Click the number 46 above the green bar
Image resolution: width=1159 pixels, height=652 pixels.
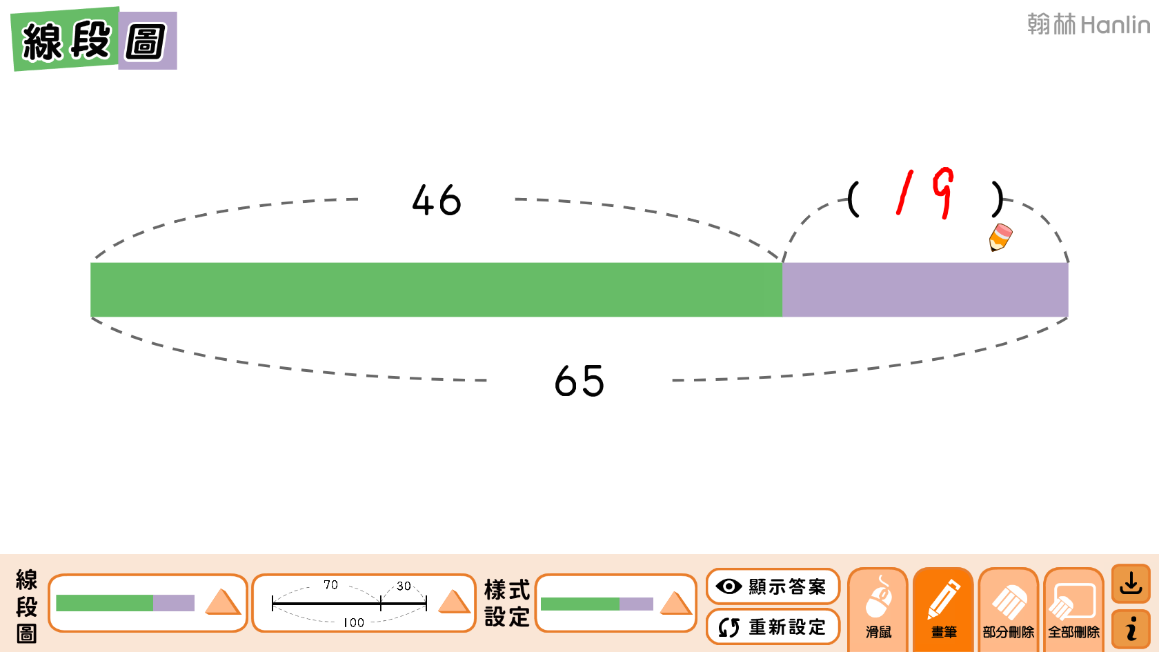pyautogui.click(x=437, y=201)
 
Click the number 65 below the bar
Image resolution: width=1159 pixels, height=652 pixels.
pyautogui.click(x=579, y=381)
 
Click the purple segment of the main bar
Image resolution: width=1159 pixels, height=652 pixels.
pyautogui.click(x=924, y=290)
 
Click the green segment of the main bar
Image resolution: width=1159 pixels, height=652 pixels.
pyautogui.click(x=436, y=290)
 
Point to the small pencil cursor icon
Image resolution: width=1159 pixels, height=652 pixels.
pyautogui.click(x=1000, y=237)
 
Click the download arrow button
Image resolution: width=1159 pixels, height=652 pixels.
pyautogui.click(x=1131, y=584)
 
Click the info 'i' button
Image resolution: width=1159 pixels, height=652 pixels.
pyautogui.click(x=1131, y=629)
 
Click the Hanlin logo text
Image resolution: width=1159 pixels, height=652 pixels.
pyautogui.click(x=1089, y=25)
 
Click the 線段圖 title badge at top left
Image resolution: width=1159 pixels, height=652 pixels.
pyautogui.click(x=94, y=40)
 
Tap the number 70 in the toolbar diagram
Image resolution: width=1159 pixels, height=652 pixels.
pyautogui.click(x=331, y=585)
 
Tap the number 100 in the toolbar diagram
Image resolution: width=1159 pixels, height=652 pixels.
pyautogui.click(x=353, y=622)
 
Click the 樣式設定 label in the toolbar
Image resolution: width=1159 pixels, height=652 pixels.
pyautogui.click(x=507, y=603)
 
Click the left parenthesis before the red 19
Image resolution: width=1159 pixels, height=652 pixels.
pyautogui.click(x=854, y=199)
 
